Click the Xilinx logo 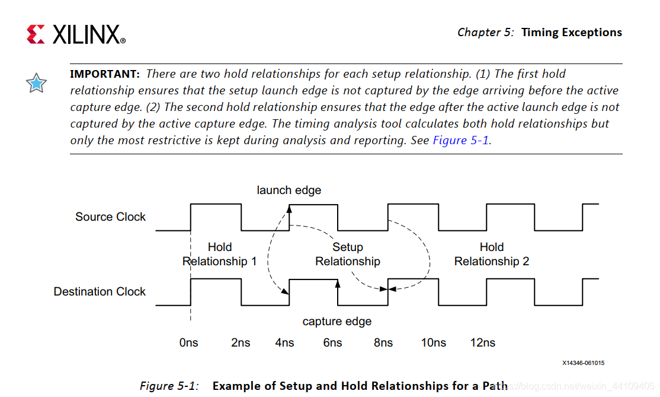tap(76, 34)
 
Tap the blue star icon tap(36, 84)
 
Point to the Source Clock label tap(110, 217)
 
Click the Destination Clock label tap(100, 291)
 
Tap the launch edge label tap(289, 190)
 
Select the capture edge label tap(337, 321)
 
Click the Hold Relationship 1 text tap(220, 254)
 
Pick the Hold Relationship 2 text tap(492, 254)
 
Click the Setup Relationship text tap(348, 254)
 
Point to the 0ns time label tap(188, 342)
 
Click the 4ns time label tap(284, 342)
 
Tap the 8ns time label tap(383, 342)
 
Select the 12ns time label tap(482, 342)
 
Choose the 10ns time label tap(433, 342)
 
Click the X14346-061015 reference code tap(584, 363)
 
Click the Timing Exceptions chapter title tap(572, 33)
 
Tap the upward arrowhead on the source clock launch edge tap(290, 208)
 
